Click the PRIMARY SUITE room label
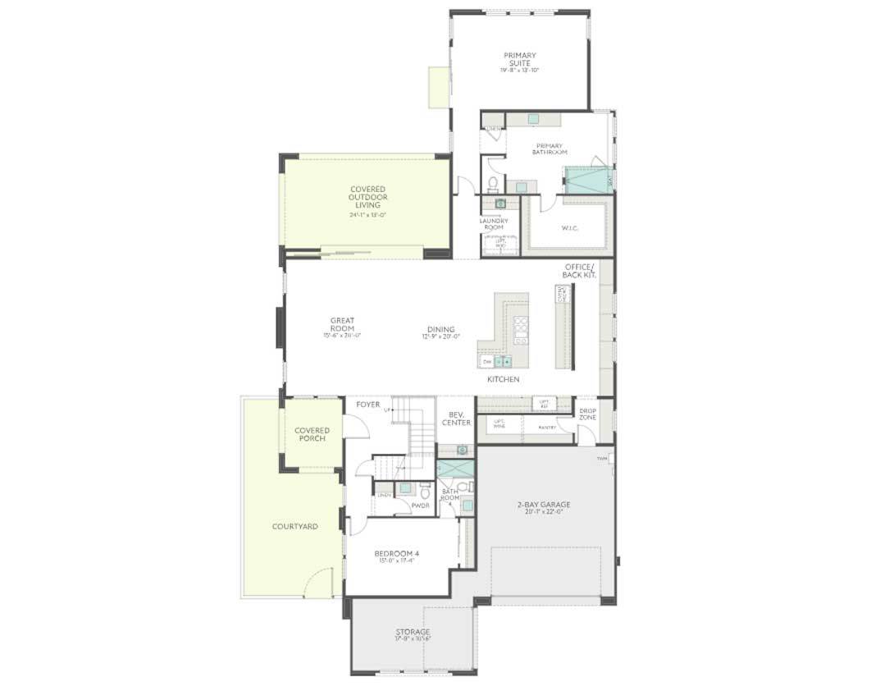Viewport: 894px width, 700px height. pos(520,59)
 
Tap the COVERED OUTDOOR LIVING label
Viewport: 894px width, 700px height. pos(367,197)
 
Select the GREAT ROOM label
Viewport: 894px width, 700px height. pos(342,324)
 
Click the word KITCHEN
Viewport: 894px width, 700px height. pos(503,380)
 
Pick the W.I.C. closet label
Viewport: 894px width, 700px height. pos(570,228)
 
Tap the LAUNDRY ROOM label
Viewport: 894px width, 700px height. pos(494,223)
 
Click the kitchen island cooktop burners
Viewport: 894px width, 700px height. pos(520,328)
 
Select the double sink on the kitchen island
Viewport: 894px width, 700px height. pos(502,361)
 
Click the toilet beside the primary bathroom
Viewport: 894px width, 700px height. pos(494,182)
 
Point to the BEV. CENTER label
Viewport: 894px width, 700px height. pos(456,419)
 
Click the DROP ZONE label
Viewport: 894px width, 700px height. pos(587,414)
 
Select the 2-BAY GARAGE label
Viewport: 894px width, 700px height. pos(544,505)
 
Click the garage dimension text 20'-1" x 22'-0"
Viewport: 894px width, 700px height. pos(544,512)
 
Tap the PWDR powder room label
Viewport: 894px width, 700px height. pos(420,506)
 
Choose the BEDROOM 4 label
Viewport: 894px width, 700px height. pos(397,554)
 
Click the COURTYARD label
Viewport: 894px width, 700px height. pos(294,526)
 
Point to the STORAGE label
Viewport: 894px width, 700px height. pos(413,632)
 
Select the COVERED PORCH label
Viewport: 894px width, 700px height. pos(312,434)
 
